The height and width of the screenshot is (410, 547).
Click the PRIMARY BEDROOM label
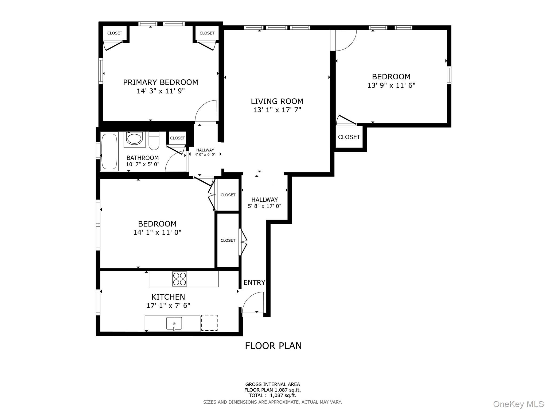tap(161, 82)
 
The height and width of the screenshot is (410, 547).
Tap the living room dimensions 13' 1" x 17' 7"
tap(277, 110)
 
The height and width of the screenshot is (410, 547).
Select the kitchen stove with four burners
tap(179, 279)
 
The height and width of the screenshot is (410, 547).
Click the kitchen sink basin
tap(174, 323)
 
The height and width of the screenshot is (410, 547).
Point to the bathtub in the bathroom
tap(110, 151)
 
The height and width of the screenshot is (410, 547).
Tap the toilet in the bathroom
tap(154, 141)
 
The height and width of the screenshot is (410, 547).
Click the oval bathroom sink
tap(134, 139)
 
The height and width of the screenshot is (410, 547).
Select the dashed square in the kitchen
tap(209, 323)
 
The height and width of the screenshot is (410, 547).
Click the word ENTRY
tap(254, 282)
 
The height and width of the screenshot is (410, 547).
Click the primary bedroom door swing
tap(206, 112)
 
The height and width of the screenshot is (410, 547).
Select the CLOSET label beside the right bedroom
tap(349, 137)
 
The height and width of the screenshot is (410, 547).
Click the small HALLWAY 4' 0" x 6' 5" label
tap(205, 152)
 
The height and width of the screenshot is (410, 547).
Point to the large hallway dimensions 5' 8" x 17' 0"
tap(264, 206)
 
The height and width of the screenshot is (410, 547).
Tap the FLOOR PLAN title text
tap(273, 346)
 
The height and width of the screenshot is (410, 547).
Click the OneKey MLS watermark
tap(518, 404)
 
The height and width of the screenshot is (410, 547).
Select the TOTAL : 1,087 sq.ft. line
tap(272, 395)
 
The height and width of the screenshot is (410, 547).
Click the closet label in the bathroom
tap(177, 138)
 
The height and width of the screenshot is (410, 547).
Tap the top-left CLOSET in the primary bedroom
tap(115, 33)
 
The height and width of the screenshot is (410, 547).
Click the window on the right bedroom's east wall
tap(449, 75)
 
